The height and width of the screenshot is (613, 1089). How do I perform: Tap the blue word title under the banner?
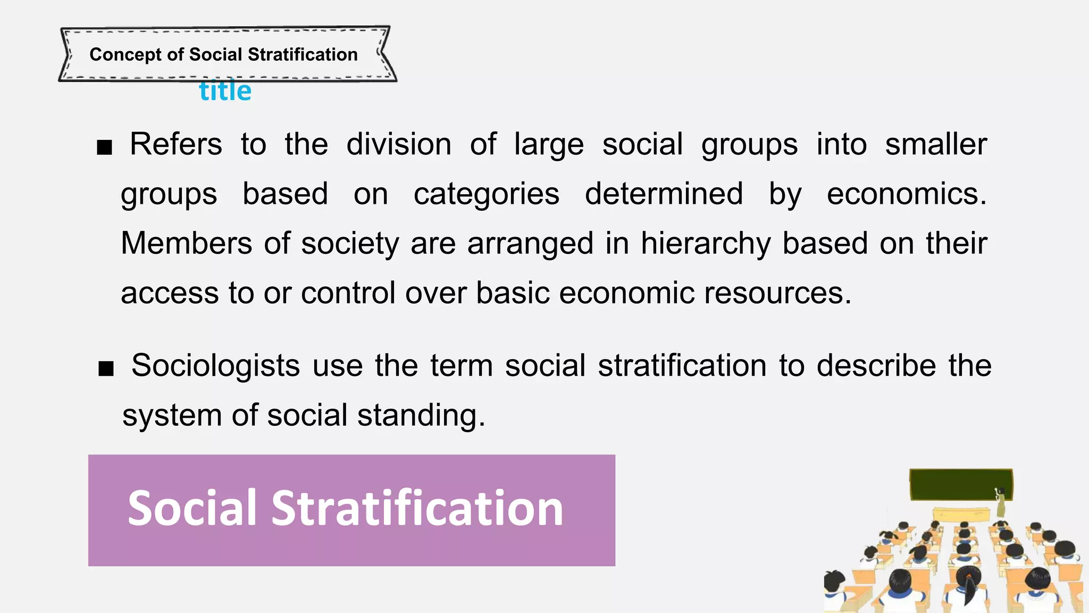coord(225,92)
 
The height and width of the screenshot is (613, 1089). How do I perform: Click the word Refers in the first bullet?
coord(176,144)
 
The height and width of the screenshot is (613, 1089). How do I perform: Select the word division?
coord(399,144)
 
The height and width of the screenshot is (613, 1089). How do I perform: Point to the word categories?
coord(487,194)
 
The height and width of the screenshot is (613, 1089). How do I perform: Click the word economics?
coord(906,194)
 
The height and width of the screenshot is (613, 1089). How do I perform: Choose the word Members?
coord(186,243)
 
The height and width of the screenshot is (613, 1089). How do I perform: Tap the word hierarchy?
coord(706,243)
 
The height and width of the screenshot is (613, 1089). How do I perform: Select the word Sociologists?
coord(215,366)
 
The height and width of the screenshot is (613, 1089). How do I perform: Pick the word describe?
coord(876,366)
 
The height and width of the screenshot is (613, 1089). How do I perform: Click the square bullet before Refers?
coord(105,147)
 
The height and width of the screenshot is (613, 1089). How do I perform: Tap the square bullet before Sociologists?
coord(106,368)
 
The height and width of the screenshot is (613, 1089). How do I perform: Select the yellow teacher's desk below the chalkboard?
coord(962,515)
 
